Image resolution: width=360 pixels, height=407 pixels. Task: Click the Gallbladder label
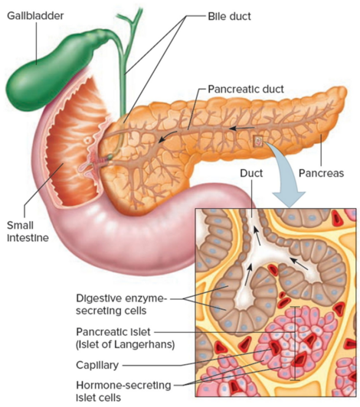pyautogui.click(x=35, y=16)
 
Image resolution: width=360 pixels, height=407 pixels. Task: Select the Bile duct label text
pyautogui.click(x=229, y=16)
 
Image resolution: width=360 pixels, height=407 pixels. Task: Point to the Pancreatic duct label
pyautogui.click(x=246, y=89)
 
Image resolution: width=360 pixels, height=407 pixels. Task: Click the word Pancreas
pyautogui.click(x=321, y=173)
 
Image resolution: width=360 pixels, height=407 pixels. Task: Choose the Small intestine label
pyautogui.click(x=28, y=232)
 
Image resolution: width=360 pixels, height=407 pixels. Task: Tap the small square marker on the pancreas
pyautogui.click(x=258, y=141)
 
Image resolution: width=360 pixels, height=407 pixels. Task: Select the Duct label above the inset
pyautogui.click(x=251, y=173)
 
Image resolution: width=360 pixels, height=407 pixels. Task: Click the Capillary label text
pyautogui.click(x=97, y=365)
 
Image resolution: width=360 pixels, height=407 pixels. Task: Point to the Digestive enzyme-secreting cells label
pyautogui.click(x=121, y=304)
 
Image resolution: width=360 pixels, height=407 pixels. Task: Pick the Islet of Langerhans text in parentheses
pyautogui.click(x=125, y=344)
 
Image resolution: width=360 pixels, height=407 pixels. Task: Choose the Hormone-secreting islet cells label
pyautogui.click(x=123, y=392)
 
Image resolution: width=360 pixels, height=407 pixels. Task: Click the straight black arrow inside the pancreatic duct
pyautogui.click(x=242, y=128)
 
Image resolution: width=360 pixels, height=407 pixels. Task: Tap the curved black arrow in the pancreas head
pyautogui.click(x=168, y=136)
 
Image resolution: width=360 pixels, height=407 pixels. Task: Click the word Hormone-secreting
pyautogui.click(x=123, y=386)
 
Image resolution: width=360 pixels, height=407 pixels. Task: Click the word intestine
pyautogui.click(x=28, y=238)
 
